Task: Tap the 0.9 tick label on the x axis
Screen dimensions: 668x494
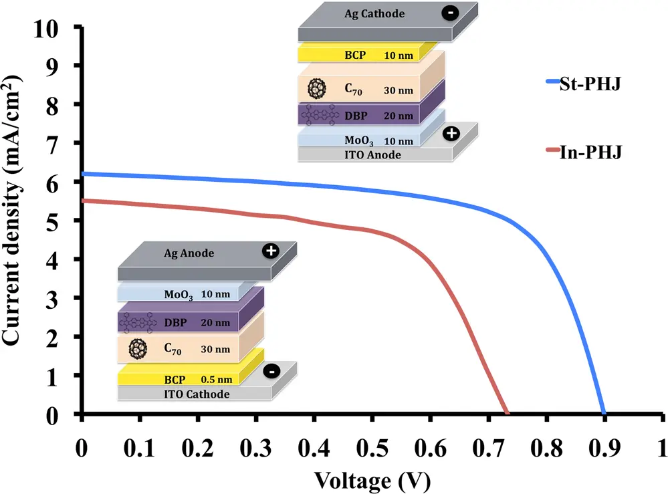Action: [x=604, y=448]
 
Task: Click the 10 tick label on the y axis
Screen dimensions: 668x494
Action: [x=45, y=29]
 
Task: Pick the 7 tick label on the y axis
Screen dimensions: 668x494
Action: [x=52, y=146]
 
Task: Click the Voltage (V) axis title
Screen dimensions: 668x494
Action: [x=372, y=481]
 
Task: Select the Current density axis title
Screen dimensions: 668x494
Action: [x=12, y=210]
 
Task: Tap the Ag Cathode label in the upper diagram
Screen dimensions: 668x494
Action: [x=374, y=13]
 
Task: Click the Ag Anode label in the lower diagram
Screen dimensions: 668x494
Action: [x=189, y=253]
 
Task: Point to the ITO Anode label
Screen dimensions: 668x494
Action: [x=372, y=154]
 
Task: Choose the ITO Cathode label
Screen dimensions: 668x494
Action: [x=197, y=394]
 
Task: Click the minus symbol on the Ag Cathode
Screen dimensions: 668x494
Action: [x=450, y=13]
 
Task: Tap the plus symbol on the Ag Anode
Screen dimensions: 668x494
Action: [x=271, y=251]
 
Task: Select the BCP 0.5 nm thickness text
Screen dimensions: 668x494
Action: [x=217, y=380]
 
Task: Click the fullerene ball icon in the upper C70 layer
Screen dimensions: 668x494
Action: [x=316, y=89]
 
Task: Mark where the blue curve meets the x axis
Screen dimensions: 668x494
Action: [x=604, y=413]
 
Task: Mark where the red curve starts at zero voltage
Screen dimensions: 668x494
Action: [x=82, y=201]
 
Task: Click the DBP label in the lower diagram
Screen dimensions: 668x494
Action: [x=175, y=322]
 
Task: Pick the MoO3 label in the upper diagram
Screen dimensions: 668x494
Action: [x=358, y=140]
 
